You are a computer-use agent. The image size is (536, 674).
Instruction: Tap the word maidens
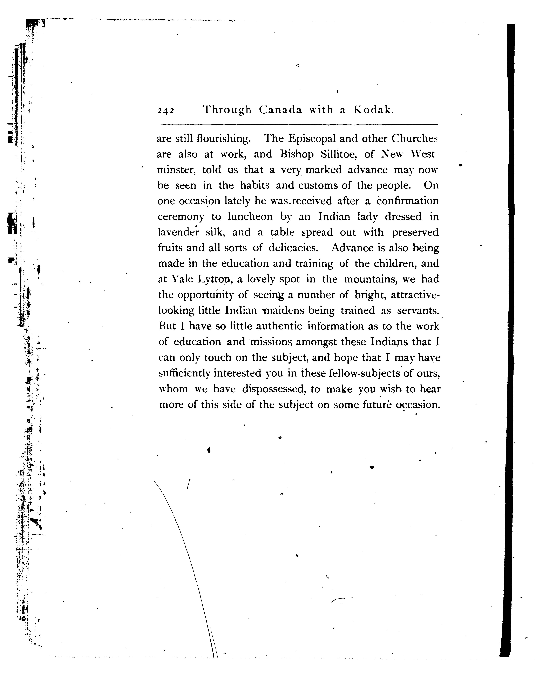click(283, 310)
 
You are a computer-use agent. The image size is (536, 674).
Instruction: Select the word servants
click(418, 310)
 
